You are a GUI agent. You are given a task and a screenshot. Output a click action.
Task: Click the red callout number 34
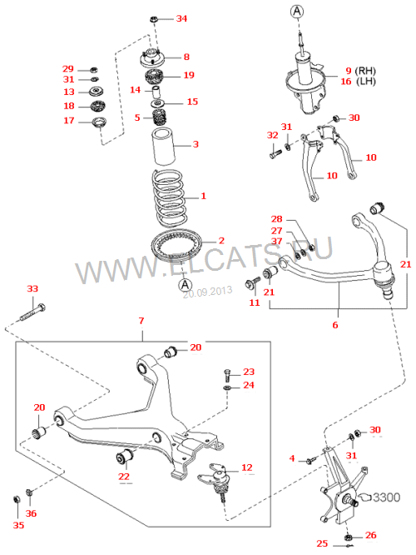pyautogui.click(x=181, y=18)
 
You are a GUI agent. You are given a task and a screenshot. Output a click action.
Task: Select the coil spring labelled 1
pyautogui.click(x=169, y=198)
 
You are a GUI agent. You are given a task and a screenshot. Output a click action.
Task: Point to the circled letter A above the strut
pyautogui.click(x=297, y=12)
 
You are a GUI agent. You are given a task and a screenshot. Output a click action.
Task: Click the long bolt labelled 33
pyautogui.click(x=32, y=312)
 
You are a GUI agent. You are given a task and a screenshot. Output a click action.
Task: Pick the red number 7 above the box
pyautogui.click(x=141, y=321)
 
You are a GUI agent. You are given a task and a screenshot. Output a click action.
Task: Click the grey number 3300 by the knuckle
pyautogui.click(x=386, y=497)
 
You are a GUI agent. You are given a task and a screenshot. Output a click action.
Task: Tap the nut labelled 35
pyautogui.click(x=17, y=499)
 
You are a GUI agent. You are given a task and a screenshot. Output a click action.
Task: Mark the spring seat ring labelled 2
pyautogui.click(x=176, y=245)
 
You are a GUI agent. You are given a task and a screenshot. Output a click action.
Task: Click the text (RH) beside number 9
pyautogui.click(x=365, y=71)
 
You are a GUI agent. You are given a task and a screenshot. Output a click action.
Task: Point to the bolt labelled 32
pyautogui.click(x=275, y=154)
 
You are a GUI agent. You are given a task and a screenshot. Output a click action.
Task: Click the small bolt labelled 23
pyautogui.click(x=227, y=375)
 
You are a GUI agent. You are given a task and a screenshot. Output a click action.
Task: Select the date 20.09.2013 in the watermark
pyautogui.click(x=207, y=292)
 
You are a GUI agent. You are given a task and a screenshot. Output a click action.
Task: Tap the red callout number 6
pyautogui.click(x=335, y=324)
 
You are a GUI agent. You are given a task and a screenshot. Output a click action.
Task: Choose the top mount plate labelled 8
pyautogui.click(x=151, y=59)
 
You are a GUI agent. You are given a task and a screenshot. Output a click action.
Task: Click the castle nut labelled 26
pyautogui.click(x=349, y=537)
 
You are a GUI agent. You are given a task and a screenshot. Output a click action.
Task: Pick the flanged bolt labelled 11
pyautogui.click(x=252, y=283)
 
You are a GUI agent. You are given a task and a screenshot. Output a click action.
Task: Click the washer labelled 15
pyautogui.click(x=157, y=103)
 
